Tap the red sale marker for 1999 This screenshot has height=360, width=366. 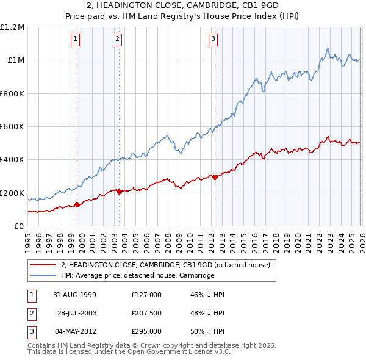pyautogui.click(x=77, y=205)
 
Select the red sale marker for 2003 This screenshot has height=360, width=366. pyautogui.click(x=119, y=192)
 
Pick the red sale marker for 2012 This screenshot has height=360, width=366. pyautogui.click(x=215, y=177)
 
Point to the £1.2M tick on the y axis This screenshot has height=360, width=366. pyautogui.click(x=12, y=27)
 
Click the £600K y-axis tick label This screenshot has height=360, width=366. pyautogui.click(x=12, y=127)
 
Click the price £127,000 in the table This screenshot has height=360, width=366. pyautogui.click(x=146, y=295)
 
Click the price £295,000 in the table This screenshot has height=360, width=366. pyautogui.click(x=146, y=331)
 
